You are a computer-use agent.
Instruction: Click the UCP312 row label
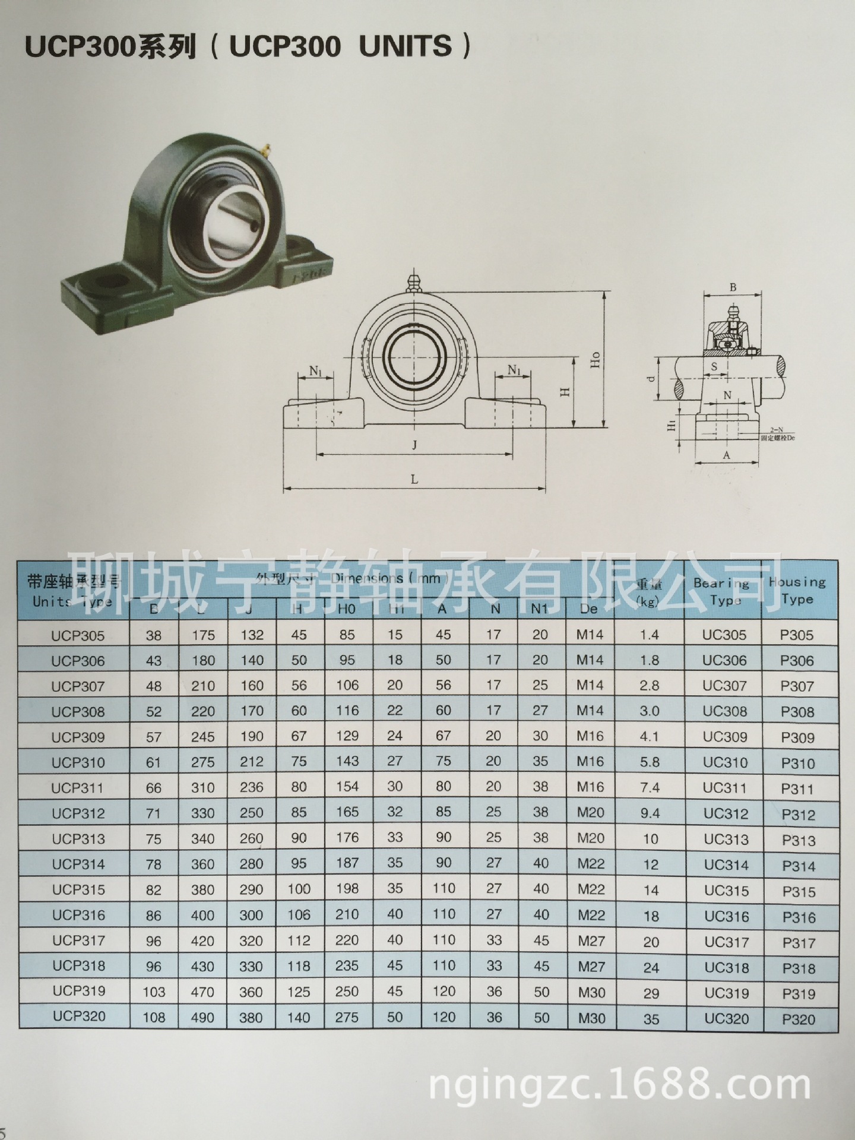[x=78, y=813]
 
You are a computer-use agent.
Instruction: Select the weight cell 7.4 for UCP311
[x=650, y=787]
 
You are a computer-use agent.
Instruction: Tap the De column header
[x=588, y=609]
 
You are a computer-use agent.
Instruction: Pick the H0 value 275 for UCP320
[x=346, y=1017]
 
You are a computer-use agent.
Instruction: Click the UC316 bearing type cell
[x=726, y=917]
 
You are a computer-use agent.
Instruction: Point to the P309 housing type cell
[x=797, y=737]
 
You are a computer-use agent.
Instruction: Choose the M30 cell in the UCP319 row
[x=591, y=992]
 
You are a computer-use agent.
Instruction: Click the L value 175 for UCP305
[x=202, y=635]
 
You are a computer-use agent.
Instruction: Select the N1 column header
[x=539, y=609]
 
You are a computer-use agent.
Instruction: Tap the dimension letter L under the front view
[x=414, y=479]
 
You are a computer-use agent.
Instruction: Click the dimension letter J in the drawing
[x=414, y=445]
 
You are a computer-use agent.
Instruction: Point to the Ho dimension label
[x=596, y=360]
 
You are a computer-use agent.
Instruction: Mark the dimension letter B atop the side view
[x=733, y=287]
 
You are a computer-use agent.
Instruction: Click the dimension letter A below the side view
[x=726, y=455]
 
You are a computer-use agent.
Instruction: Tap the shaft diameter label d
[x=652, y=378]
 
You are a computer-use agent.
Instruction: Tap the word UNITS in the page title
[x=406, y=46]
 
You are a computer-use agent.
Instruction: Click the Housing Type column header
[x=797, y=590]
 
